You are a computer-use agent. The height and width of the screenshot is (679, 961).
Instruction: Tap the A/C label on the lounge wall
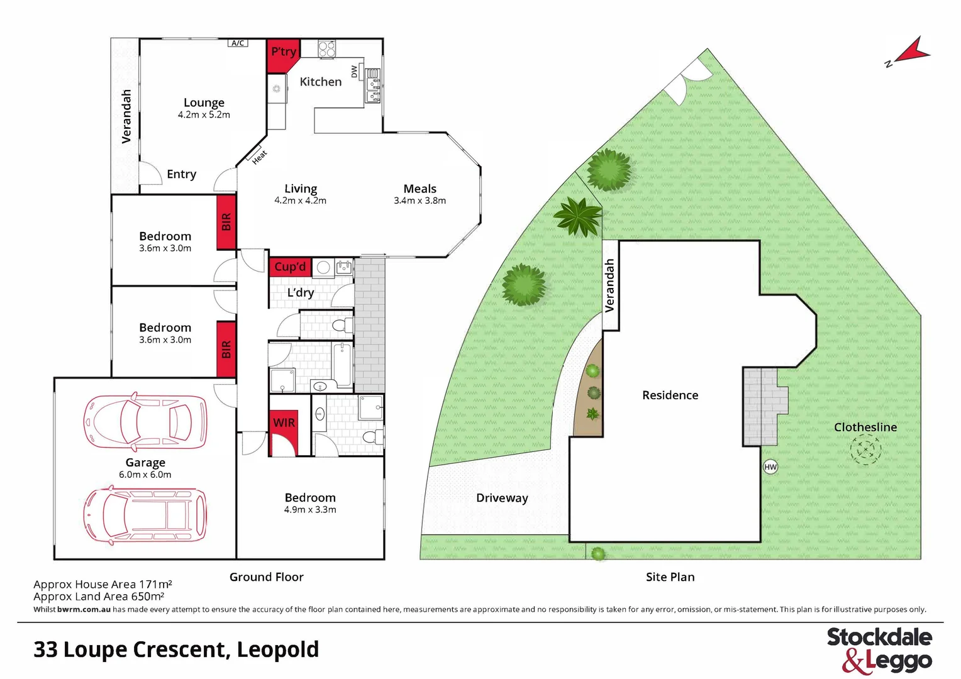click(x=238, y=43)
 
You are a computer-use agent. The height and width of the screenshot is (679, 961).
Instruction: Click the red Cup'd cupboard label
click(x=290, y=267)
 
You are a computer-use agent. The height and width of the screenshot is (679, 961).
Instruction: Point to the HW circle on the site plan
click(x=770, y=466)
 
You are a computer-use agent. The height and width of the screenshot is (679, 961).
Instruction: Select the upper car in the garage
click(x=145, y=421)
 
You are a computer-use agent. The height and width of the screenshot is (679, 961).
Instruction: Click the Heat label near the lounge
click(x=259, y=157)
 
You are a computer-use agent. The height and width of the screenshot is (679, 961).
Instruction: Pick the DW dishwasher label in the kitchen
click(x=354, y=72)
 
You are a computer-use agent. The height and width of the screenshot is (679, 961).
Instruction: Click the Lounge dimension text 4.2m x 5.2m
click(x=204, y=115)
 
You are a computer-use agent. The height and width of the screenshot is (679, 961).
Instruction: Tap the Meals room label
click(x=419, y=189)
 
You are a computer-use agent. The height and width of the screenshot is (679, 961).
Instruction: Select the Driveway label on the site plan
click(x=502, y=498)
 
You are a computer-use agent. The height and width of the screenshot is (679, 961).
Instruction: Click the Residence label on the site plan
click(x=670, y=395)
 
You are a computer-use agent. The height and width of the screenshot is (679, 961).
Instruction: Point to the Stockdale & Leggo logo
click(x=879, y=649)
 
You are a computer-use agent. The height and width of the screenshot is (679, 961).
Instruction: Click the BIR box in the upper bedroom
click(x=226, y=222)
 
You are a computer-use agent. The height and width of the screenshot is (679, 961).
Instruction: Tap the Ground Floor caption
click(x=266, y=577)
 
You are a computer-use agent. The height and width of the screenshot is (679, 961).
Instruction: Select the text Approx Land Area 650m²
click(x=99, y=597)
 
